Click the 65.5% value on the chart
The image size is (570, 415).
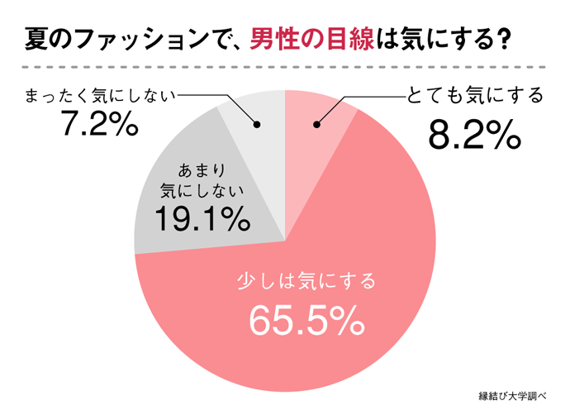click(x=306, y=321)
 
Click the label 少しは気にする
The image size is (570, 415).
click(x=306, y=281)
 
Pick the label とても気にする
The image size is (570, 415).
click(x=475, y=96)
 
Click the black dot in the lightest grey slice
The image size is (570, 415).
click(x=256, y=126)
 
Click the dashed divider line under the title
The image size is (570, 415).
click(x=285, y=66)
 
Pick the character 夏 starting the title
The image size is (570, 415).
click(x=36, y=38)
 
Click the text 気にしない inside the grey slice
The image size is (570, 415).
click(x=202, y=192)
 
